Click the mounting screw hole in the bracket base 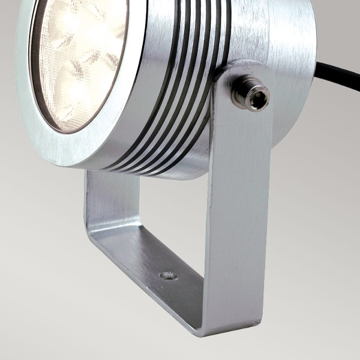168,275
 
